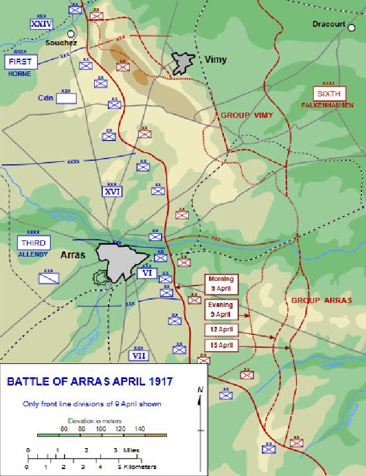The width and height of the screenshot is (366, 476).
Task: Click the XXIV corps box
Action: (x=42, y=24)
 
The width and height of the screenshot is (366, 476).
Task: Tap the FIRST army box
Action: (x=20, y=61)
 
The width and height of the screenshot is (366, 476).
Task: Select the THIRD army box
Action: (x=34, y=243)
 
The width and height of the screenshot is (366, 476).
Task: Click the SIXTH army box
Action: (x=329, y=93)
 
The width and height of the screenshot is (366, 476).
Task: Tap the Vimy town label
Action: (x=216, y=59)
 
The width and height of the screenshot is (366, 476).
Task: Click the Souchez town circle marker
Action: (x=71, y=34)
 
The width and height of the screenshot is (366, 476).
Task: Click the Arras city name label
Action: (x=73, y=254)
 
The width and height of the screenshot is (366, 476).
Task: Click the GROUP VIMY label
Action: (x=246, y=116)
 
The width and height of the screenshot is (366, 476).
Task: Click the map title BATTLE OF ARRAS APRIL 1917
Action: (x=90, y=382)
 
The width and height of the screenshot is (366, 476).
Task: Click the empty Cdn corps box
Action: (x=66, y=98)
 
